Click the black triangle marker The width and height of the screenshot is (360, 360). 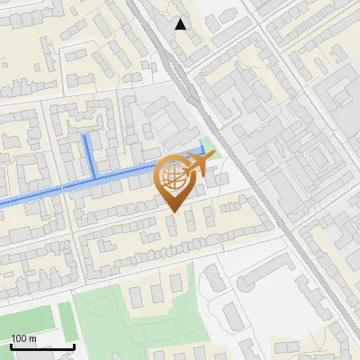pyautogui.click(x=181, y=24)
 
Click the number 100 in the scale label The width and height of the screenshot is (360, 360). pyautogui.click(x=18, y=338)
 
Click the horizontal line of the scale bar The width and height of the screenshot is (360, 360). pyautogui.click(x=42, y=346)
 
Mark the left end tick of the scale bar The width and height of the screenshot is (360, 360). pyautogui.click(x=12, y=345)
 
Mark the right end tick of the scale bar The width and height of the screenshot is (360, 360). pyautogui.click(x=74, y=345)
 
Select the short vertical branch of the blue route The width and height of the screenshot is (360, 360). pyautogui.click(x=89, y=157)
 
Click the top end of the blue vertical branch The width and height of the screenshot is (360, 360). pyautogui.click(x=86, y=136)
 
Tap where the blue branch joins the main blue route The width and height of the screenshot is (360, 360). pyautogui.click(x=93, y=177)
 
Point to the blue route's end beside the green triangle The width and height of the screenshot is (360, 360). pyautogui.click(x=203, y=148)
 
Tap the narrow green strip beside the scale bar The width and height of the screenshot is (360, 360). pyautogui.click(x=65, y=319)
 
